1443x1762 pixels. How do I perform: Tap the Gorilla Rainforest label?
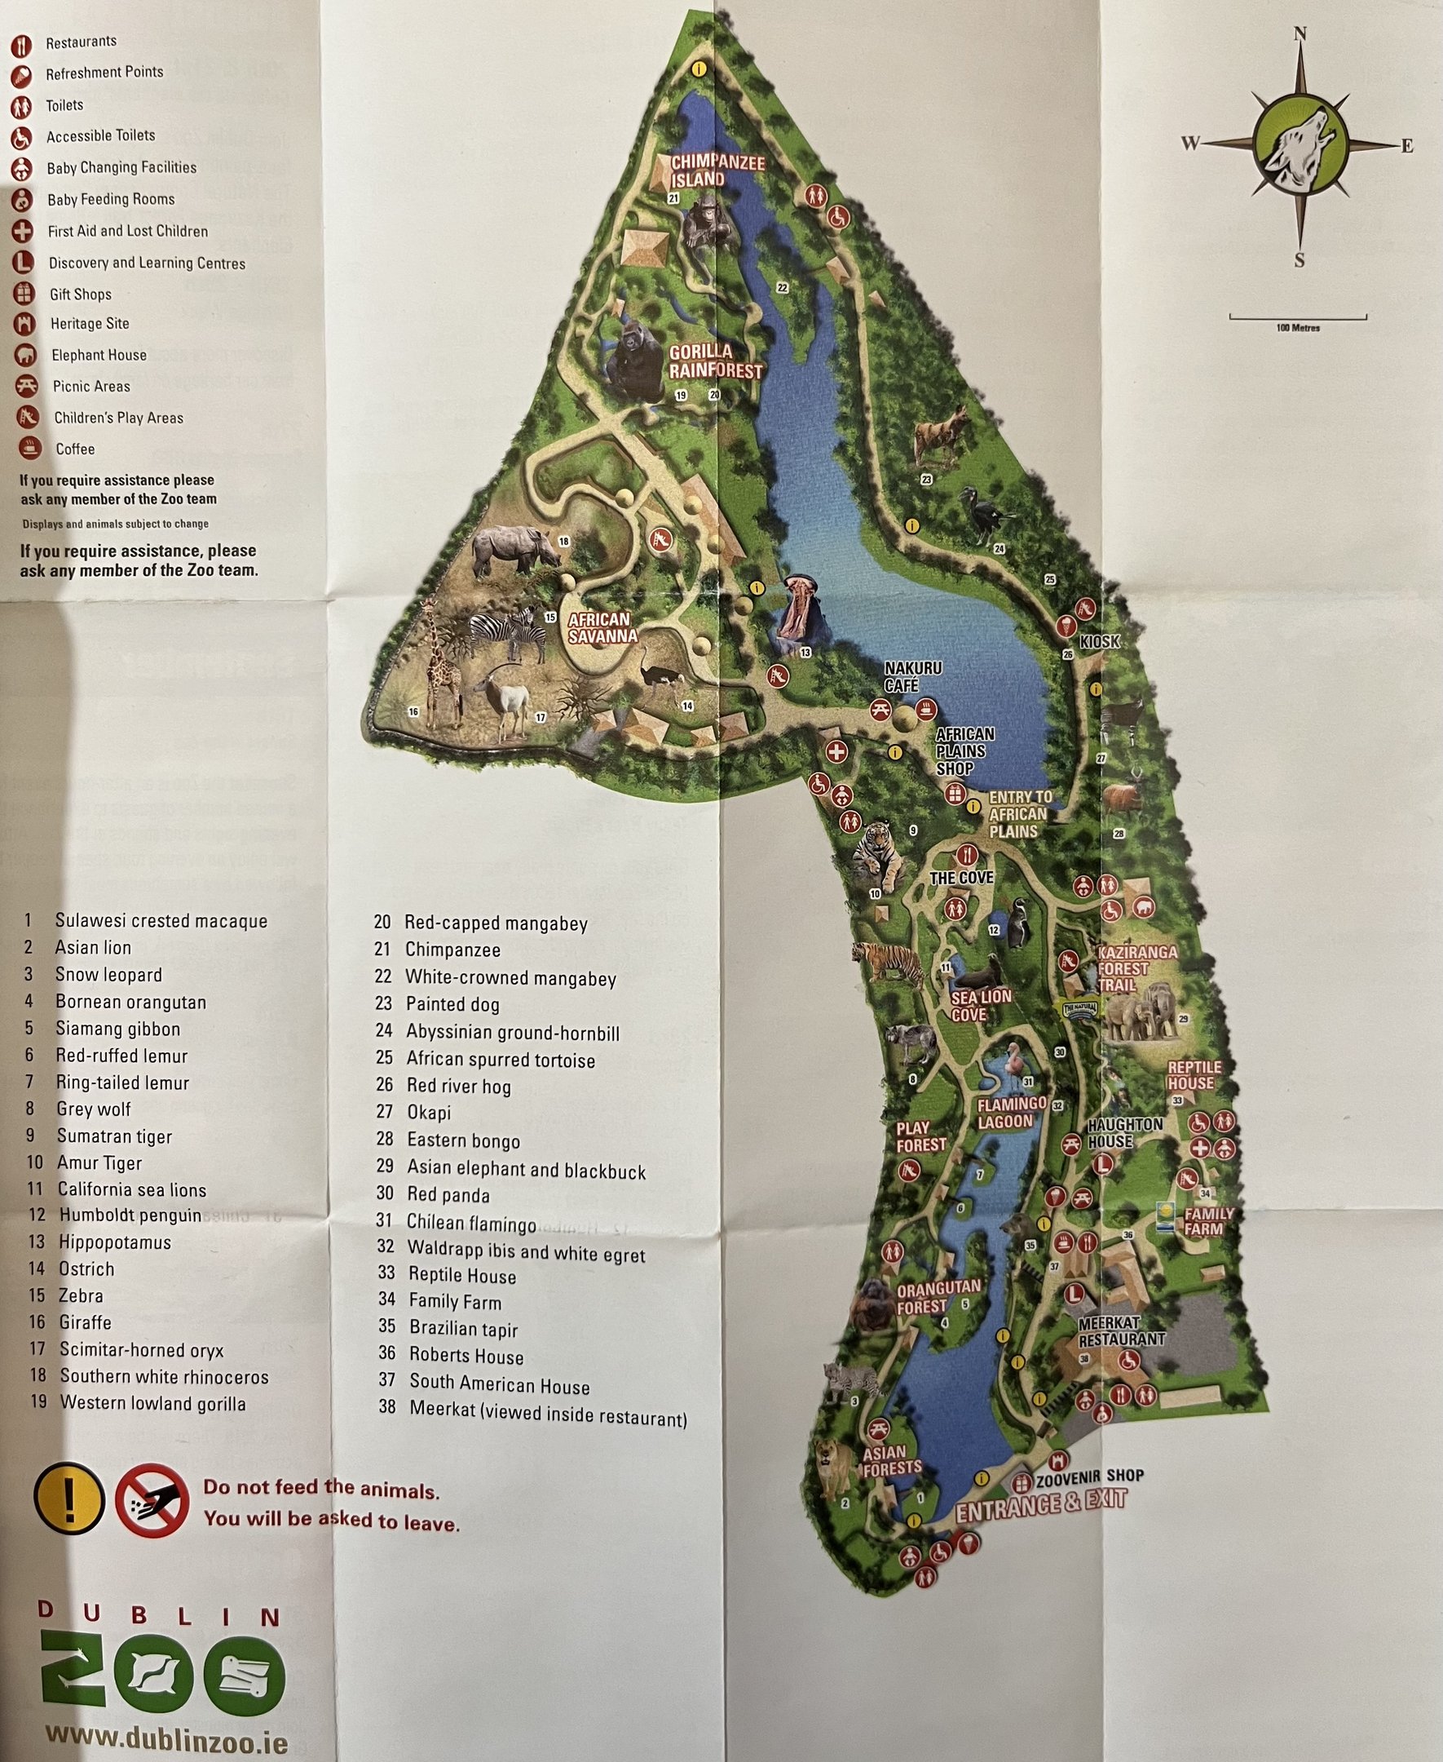point(715,361)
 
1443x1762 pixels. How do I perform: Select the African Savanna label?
point(602,628)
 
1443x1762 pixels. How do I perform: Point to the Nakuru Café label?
point(911,676)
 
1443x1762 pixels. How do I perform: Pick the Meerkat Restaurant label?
point(1121,1331)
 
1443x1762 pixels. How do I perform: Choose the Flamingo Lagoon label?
point(1011,1112)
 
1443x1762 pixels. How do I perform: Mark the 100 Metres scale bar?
point(1298,317)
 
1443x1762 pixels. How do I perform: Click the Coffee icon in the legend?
point(30,448)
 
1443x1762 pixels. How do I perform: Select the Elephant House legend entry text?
point(99,355)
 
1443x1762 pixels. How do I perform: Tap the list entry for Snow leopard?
point(108,975)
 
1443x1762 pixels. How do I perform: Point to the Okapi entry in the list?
point(429,1113)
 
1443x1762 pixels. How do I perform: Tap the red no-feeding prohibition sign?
point(152,1500)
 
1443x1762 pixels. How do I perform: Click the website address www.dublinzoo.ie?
point(166,1734)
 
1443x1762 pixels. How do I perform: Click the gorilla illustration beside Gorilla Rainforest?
point(633,361)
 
